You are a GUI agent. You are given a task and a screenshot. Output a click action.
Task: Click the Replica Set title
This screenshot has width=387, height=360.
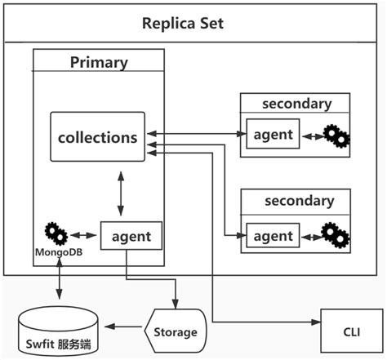pyautogui.click(x=193, y=22)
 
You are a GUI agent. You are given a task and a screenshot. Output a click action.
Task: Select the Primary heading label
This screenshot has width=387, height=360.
pyautogui.click(x=98, y=62)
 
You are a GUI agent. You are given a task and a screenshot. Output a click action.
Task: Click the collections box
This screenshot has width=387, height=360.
pyautogui.click(x=97, y=137)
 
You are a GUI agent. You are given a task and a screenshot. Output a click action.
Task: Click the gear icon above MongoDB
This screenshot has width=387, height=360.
pyautogui.click(x=56, y=233)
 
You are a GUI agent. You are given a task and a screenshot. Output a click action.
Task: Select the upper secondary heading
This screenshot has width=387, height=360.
pyautogui.click(x=296, y=104)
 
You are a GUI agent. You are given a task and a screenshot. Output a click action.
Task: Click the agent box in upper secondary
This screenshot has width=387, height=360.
pyautogui.click(x=273, y=133)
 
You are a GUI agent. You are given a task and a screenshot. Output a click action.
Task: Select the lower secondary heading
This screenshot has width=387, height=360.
pyautogui.click(x=296, y=201)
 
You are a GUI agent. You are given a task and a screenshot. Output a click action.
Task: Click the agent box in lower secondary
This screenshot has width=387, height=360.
pyautogui.click(x=273, y=236)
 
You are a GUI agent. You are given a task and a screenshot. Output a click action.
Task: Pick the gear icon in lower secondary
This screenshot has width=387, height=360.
pyautogui.click(x=336, y=236)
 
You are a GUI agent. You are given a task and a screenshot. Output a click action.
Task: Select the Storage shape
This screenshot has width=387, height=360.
pyautogui.click(x=175, y=331)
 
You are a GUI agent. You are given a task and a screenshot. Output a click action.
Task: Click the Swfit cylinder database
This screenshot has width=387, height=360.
pyautogui.click(x=56, y=333)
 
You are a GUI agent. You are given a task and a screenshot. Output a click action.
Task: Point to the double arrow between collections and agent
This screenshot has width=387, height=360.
pyautogui.click(x=120, y=194)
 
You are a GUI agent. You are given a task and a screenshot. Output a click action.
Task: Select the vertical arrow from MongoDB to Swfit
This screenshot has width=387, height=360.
pyautogui.click(x=58, y=282)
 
